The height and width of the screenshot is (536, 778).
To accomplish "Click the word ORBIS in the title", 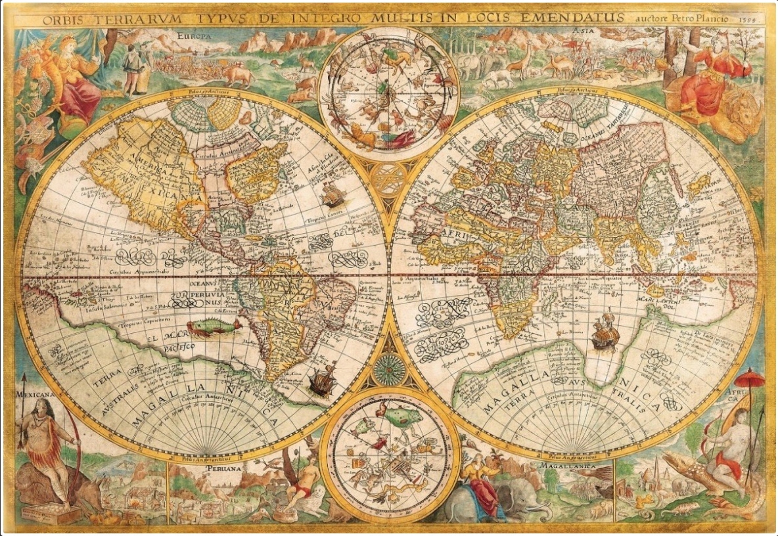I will click(63, 20).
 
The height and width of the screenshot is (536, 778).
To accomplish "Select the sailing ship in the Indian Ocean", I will click(605, 334).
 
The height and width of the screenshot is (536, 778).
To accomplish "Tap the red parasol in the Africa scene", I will click(749, 379).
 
